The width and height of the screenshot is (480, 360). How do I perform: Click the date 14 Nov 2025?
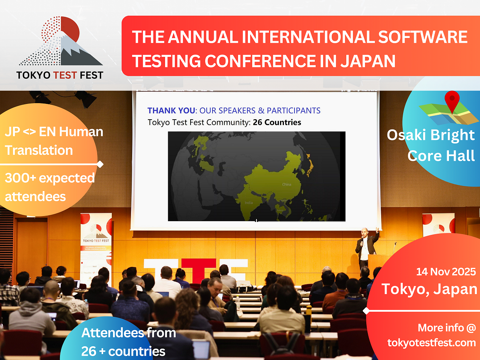click(446, 271)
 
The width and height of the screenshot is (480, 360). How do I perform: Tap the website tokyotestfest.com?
click(431, 342)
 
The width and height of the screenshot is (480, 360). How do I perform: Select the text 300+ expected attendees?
click(49, 187)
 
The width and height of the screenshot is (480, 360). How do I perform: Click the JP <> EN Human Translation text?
click(53, 141)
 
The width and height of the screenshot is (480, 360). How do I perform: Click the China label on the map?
click(286, 184)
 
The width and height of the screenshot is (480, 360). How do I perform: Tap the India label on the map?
click(249, 203)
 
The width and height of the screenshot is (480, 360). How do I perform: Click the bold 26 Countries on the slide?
click(277, 122)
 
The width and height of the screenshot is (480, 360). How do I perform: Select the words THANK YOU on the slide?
click(171, 111)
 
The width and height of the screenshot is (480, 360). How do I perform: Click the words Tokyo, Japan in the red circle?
click(429, 289)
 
